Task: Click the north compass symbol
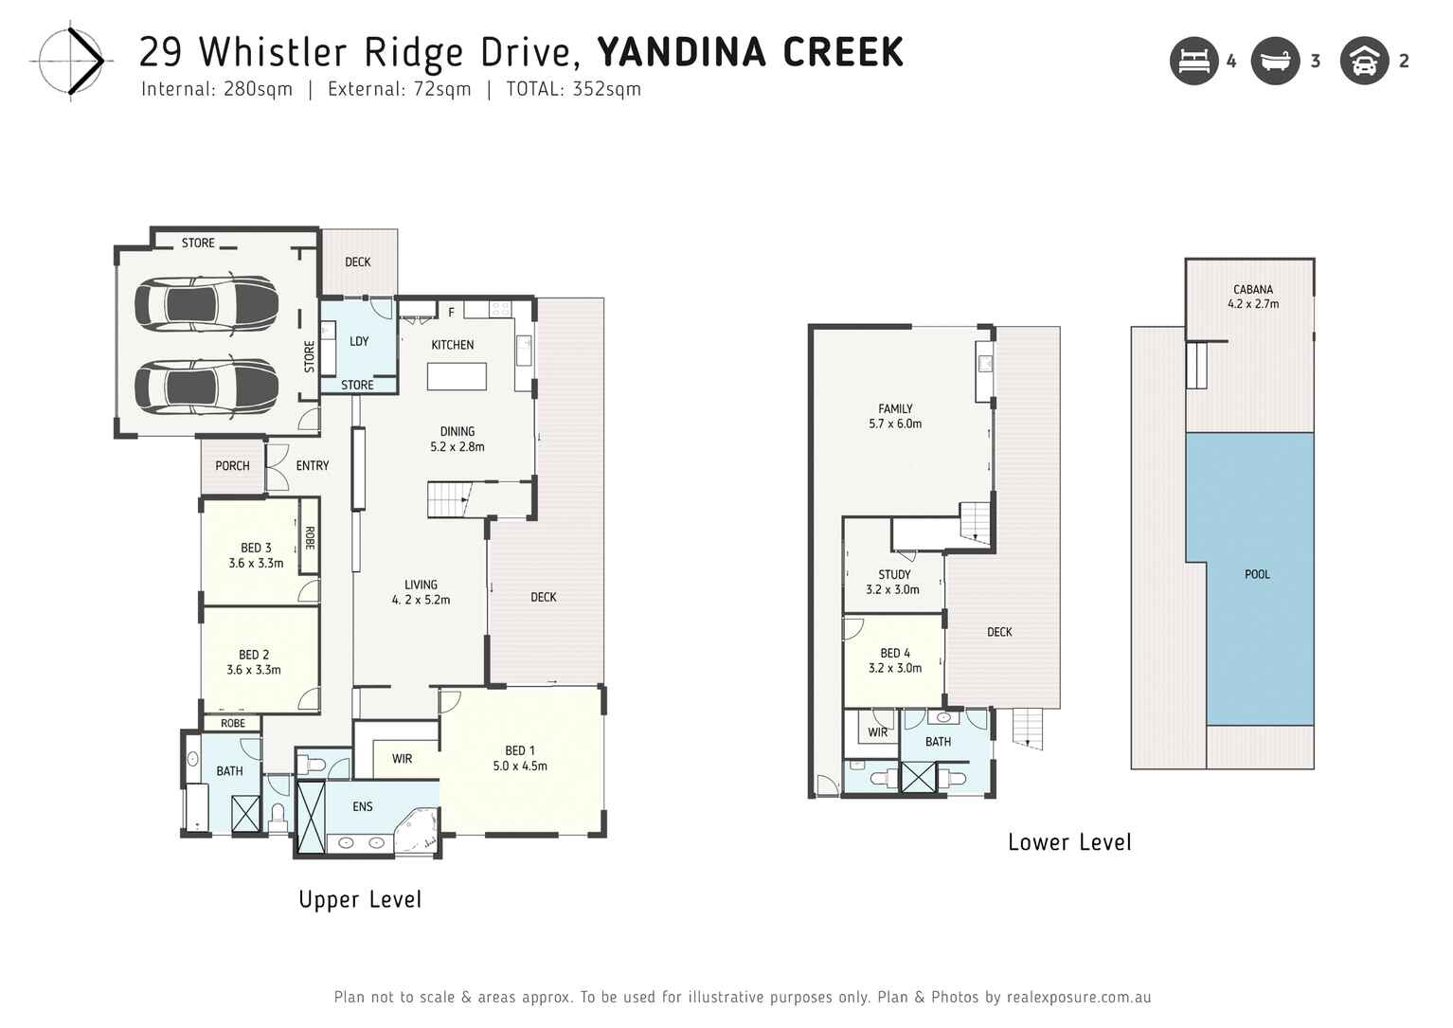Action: [x=73, y=62]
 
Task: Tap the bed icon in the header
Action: [x=1193, y=62]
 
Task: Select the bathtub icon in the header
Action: [x=1275, y=62]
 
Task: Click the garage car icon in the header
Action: [x=1364, y=62]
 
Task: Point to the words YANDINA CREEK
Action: [x=750, y=52]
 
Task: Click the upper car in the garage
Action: [x=206, y=303]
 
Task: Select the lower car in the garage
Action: [x=206, y=387]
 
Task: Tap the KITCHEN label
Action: [x=452, y=345]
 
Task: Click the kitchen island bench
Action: [x=457, y=376]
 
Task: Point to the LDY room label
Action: [x=359, y=341]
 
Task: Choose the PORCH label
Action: [x=232, y=466]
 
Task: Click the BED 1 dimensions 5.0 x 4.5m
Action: [x=519, y=766]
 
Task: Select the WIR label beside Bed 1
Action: [x=402, y=759]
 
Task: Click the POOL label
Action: [x=1257, y=574]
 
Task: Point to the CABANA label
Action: [x=1252, y=290]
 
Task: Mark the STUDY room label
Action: [x=894, y=574]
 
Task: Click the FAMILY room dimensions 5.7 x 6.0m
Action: [x=895, y=424]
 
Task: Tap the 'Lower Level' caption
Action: [x=1069, y=842]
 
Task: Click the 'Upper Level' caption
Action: [x=360, y=900]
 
